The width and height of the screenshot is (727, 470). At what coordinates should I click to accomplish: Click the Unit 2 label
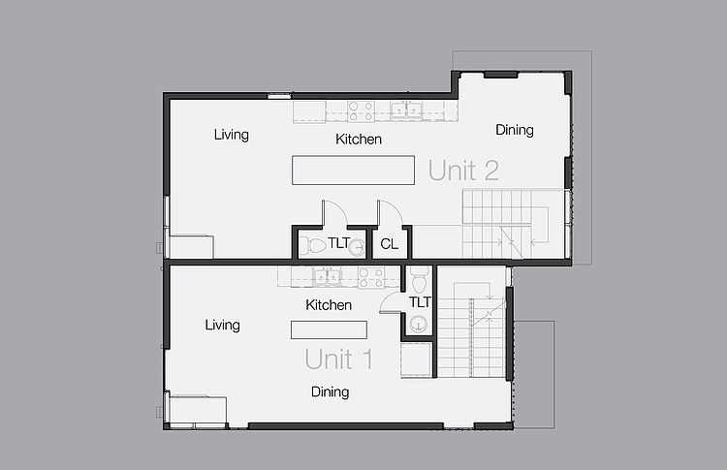[463, 171]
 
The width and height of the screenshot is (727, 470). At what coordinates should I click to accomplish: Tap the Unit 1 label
[338, 360]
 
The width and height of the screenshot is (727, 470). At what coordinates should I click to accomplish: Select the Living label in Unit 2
[232, 135]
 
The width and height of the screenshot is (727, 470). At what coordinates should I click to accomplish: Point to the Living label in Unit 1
[223, 325]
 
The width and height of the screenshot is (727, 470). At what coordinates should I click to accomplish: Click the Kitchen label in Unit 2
[359, 139]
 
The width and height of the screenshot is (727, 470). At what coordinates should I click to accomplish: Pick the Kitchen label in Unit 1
[329, 305]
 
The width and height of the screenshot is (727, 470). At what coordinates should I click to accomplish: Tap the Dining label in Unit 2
[515, 130]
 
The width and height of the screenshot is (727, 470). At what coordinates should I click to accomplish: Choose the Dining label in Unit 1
[331, 392]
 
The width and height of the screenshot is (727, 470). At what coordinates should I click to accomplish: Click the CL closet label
[389, 244]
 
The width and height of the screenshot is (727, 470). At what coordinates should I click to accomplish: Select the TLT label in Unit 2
[339, 243]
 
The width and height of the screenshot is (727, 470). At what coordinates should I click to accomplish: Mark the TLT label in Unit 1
[420, 302]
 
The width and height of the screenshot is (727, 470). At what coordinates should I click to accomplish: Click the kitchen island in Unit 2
[353, 171]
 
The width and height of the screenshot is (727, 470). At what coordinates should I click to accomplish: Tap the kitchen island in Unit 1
[329, 329]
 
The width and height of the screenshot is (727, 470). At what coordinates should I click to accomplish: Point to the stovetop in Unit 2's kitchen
[361, 111]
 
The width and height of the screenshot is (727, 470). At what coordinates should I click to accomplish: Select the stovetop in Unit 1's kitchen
[371, 277]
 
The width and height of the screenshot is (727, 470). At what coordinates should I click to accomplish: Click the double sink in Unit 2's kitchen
[406, 110]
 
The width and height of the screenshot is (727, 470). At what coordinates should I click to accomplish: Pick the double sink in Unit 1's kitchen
[327, 277]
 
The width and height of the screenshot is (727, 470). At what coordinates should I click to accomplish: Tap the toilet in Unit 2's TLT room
[314, 246]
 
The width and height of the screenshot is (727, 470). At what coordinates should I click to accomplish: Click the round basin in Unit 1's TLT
[418, 323]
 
